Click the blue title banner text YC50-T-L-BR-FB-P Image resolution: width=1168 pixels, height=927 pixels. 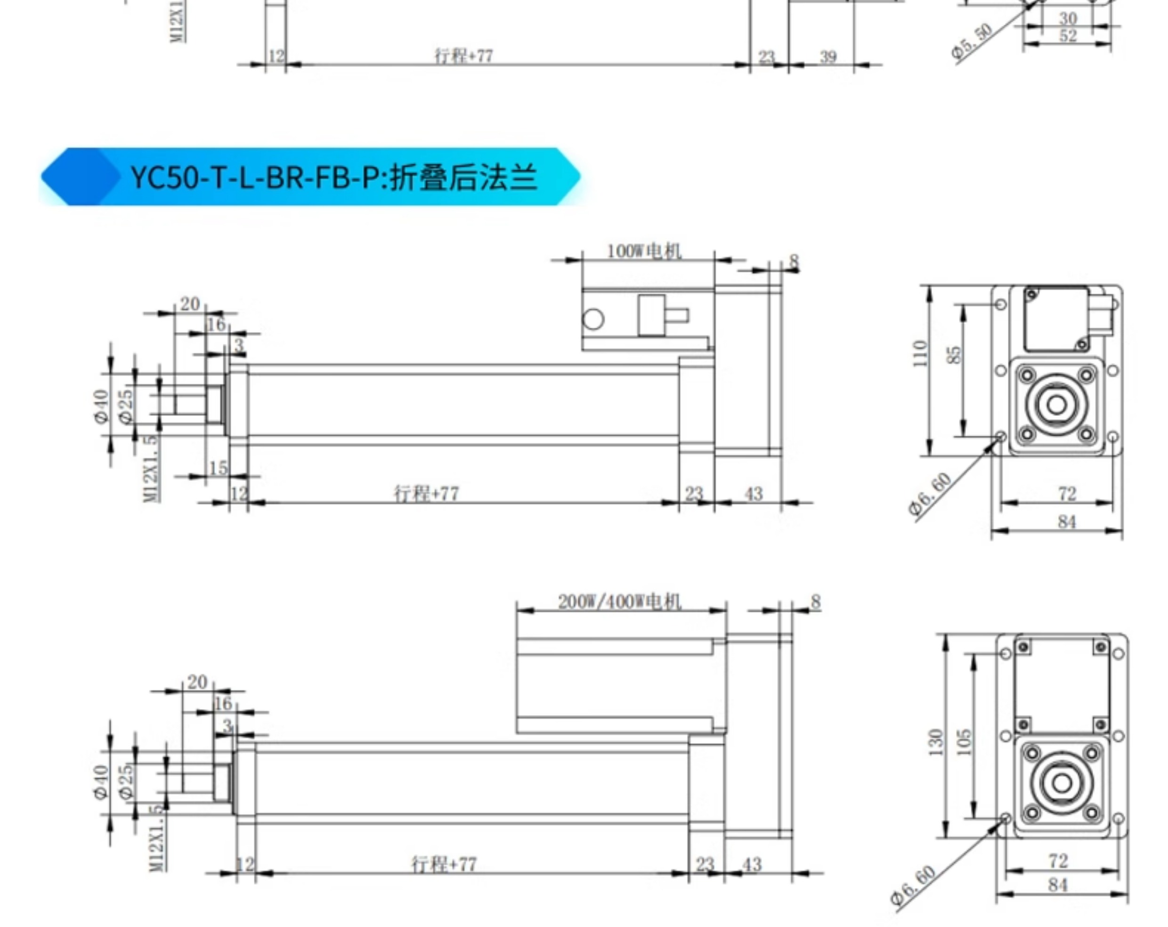[334, 177]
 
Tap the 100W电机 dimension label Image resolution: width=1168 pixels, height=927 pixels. [644, 252]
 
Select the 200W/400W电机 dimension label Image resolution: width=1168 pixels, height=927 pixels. [619, 602]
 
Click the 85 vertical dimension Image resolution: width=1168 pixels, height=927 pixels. [955, 355]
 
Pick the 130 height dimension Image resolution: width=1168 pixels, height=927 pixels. [936, 742]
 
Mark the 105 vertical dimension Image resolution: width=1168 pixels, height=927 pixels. [964, 742]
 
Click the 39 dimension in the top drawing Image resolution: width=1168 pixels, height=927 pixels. [828, 57]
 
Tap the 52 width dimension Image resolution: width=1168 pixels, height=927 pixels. [1068, 36]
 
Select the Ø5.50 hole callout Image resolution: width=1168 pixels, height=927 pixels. [972, 41]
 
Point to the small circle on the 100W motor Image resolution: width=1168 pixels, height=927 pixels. [593, 319]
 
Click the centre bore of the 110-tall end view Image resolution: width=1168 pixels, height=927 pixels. [1056, 404]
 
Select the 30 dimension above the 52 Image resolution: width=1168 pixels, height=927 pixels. [1068, 18]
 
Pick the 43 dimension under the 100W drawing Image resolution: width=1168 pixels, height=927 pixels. [753, 494]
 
